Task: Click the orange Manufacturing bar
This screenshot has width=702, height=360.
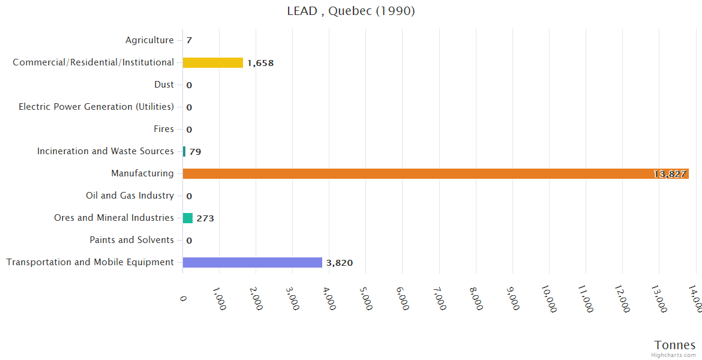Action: (436, 173)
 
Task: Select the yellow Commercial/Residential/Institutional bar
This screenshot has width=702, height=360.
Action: (213, 62)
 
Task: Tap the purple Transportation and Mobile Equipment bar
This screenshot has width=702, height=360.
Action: (253, 262)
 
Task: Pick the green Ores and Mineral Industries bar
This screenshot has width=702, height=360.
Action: (188, 218)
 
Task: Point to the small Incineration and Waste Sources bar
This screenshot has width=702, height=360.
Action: (184, 151)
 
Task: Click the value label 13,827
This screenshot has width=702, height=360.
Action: (670, 174)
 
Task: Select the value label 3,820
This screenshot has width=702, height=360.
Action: (340, 263)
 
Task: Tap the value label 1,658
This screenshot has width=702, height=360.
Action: (260, 63)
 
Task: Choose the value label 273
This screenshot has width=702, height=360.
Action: (205, 218)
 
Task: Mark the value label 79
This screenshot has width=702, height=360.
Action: (195, 152)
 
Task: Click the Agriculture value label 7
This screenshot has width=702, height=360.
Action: (189, 41)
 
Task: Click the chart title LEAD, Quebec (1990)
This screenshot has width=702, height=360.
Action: (351, 11)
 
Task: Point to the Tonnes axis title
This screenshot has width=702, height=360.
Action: (675, 345)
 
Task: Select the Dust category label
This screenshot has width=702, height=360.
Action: (164, 85)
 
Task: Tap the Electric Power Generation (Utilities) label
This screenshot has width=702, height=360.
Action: (96, 107)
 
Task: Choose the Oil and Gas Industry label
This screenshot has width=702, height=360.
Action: (130, 196)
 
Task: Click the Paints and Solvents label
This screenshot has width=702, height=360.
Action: (131, 240)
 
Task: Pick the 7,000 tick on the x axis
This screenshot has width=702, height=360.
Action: (439, 298)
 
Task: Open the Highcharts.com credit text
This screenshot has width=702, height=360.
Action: (674, 355)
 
